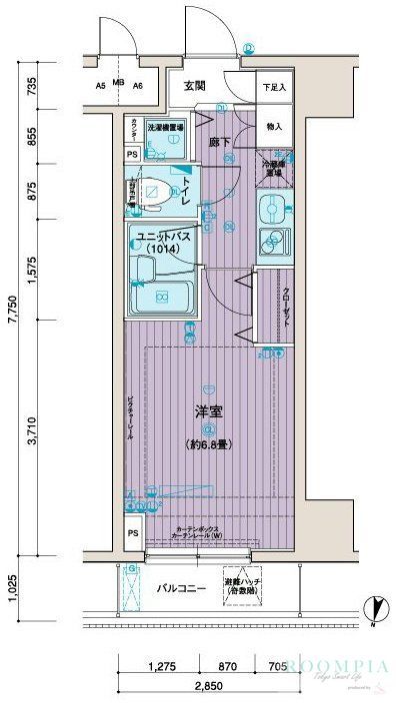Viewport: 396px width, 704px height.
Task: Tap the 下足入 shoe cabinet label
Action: click(273, 88)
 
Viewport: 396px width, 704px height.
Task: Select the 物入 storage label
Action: click(273, 127)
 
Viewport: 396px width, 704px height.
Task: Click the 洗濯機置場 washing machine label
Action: click(165, 128)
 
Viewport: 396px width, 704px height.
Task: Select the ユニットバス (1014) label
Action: click(163, 241)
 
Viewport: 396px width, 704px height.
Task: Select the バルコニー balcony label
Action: click(181, 589)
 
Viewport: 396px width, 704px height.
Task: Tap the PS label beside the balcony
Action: click(133, 535)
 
